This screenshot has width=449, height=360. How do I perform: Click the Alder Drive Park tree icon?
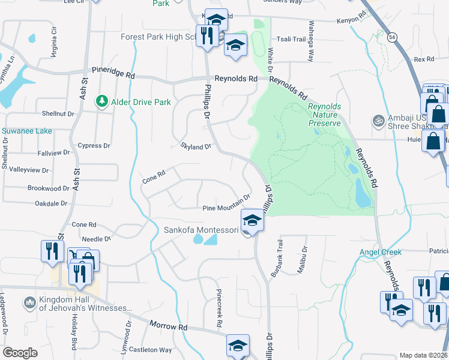click(103, 101)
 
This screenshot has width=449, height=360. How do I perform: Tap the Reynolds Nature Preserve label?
click(325, 115)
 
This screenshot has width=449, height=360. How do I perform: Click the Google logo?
click(20, 353)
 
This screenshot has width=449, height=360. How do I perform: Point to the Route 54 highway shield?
click(391, 38)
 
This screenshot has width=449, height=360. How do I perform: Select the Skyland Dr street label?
click(196, 146)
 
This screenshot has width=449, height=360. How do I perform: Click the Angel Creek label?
click(380, 252)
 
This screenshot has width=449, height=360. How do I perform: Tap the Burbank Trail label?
click(276, 257)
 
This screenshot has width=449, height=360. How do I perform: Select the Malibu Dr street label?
click(304, 259)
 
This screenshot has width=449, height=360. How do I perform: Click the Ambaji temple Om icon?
click(378, 120)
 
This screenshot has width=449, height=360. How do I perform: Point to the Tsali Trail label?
click(293, 39)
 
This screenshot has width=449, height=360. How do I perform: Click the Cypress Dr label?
click(94, 145)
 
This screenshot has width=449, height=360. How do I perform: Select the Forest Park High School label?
click(159, 37)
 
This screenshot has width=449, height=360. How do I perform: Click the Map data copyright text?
click(423, 355)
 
